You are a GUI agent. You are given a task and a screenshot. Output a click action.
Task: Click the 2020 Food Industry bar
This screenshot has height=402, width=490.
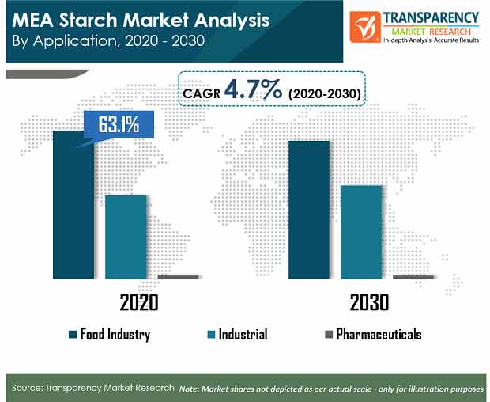73,205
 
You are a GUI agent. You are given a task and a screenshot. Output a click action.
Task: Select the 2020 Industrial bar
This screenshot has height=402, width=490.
126,237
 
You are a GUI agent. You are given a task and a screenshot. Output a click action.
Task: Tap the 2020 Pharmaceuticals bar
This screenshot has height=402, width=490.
178,277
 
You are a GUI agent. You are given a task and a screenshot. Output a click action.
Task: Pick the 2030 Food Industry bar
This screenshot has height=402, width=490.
309,210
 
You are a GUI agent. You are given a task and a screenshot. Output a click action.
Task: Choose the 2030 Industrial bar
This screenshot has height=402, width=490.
361,232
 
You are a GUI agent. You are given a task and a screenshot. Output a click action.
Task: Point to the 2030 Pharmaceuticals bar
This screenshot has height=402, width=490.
413,277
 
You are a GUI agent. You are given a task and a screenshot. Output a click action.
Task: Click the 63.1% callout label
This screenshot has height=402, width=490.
119,124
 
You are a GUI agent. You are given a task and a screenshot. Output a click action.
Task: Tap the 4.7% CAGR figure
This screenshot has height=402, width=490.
253,89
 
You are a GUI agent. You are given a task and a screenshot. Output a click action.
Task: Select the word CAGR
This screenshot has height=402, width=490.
202,93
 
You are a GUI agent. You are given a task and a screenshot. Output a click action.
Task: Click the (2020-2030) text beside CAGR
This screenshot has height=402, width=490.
324,93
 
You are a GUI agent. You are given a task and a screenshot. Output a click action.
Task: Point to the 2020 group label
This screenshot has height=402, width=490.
139,302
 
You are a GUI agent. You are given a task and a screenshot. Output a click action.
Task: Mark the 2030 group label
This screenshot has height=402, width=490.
369,302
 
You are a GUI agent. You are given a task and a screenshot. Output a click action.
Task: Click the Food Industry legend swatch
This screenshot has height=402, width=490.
73,335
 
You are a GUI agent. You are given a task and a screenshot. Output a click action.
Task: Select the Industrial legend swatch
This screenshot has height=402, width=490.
211,335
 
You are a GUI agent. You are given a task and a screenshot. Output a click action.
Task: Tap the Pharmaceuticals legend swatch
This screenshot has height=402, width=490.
329,335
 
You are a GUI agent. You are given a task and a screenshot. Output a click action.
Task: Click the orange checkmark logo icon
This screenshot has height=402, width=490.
365,27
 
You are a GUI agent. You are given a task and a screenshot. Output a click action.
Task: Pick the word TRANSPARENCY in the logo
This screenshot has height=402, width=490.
431,18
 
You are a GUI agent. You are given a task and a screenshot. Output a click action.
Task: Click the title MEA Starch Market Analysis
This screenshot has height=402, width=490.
141,20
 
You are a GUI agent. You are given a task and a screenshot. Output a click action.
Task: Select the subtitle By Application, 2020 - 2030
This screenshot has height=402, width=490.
108,41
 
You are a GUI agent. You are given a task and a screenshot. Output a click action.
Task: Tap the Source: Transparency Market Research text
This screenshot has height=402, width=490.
93,388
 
